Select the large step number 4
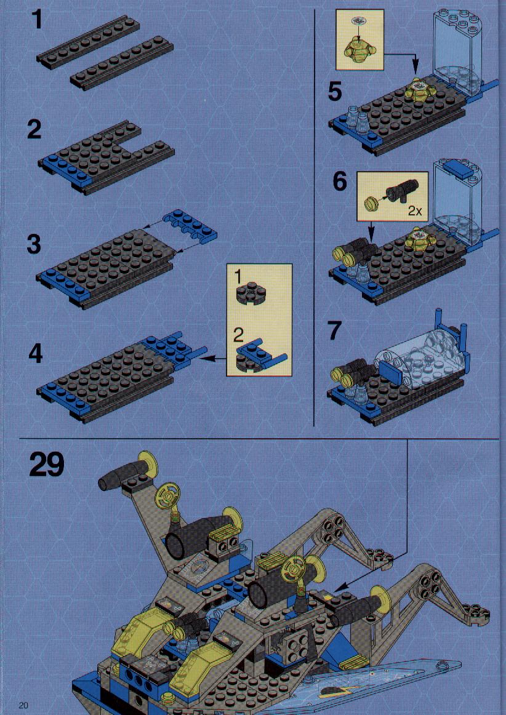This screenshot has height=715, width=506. (x=35, y=354)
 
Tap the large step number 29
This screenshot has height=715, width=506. (x=47, y=463)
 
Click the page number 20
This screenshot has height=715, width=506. (x=24, y=705)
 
